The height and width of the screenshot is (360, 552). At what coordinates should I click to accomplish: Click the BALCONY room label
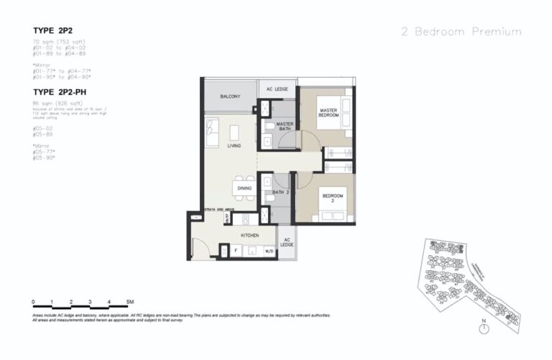[x=230, y=96]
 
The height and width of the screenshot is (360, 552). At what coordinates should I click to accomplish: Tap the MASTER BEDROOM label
[x=328, y=113]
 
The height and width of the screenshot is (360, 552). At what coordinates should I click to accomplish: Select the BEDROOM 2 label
[x=333, y=198]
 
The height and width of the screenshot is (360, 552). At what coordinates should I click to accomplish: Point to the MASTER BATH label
[x=285, y=126]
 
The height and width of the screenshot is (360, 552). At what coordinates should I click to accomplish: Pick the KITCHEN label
[x=249, y=234]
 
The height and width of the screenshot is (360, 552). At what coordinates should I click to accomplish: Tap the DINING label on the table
[x=244, y=188]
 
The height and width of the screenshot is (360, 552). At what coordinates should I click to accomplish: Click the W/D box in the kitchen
[x=269, y=251]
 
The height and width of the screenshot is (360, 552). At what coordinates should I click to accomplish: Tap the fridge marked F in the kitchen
[x=236, y=251]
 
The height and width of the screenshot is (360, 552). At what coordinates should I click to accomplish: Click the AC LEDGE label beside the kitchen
[x=286, y=242]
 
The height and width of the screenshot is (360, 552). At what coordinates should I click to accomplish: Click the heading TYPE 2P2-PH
[x=65, y=92]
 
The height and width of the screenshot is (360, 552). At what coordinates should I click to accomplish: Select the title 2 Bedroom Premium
[x=461, y=32]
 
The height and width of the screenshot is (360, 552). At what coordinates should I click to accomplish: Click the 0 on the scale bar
[x=33, y=302]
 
